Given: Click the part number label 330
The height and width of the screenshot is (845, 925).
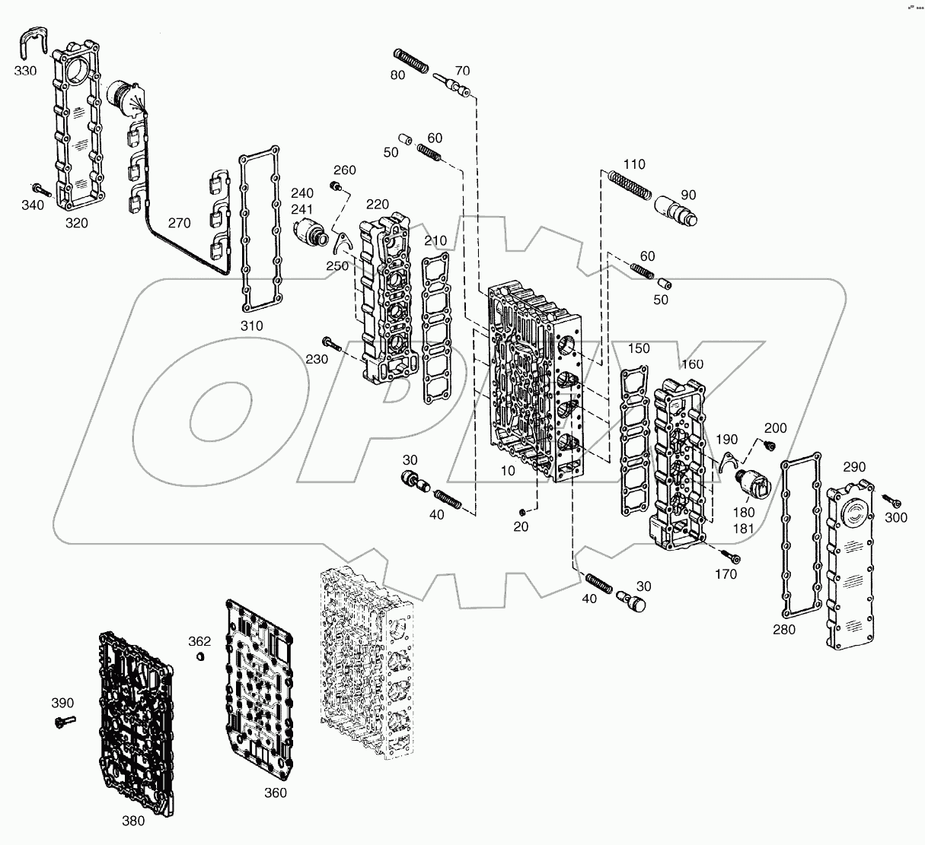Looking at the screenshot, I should (x=25, y=70).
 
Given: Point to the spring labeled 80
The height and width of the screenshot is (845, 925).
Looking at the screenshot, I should (x=411, y=60).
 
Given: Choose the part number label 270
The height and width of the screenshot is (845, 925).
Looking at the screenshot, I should (x=179, y=224).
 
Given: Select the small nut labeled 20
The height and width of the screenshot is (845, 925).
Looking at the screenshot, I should (x=521, y=510).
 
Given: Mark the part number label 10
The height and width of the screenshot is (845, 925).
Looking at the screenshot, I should (x=508, y=471).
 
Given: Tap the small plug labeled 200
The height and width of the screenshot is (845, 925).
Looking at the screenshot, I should (x=769, y=445).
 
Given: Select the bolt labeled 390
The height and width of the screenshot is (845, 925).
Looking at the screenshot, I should (x=62, y=720).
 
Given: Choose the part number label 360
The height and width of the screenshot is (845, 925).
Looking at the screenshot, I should (x=275, y=793).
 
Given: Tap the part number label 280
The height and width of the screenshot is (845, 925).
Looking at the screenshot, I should (x=783, y=629).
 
